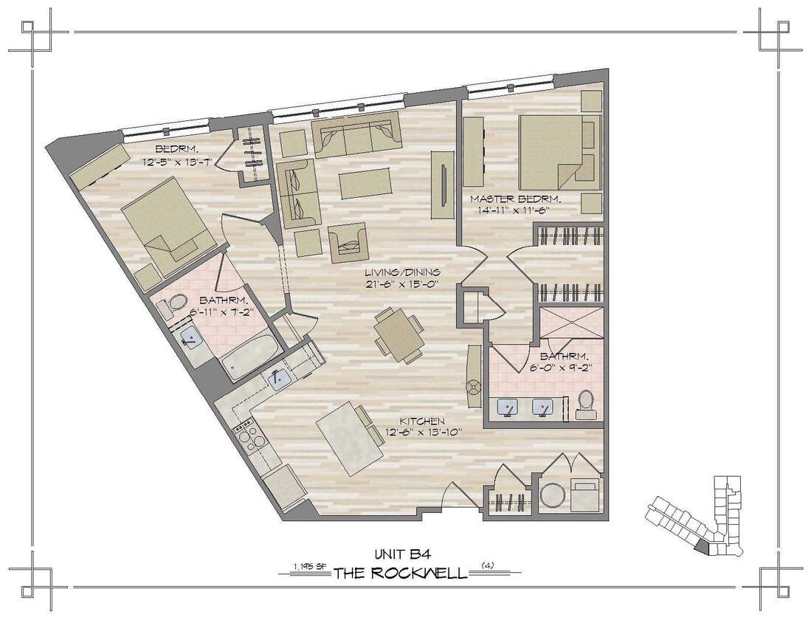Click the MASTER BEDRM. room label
516,199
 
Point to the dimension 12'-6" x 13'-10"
424,433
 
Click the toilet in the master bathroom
587,403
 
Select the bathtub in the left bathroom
250,358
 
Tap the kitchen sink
279,380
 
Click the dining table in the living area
397,334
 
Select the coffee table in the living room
365,183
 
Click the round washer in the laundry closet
552,495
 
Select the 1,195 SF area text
310,567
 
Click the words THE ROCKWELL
401,574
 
